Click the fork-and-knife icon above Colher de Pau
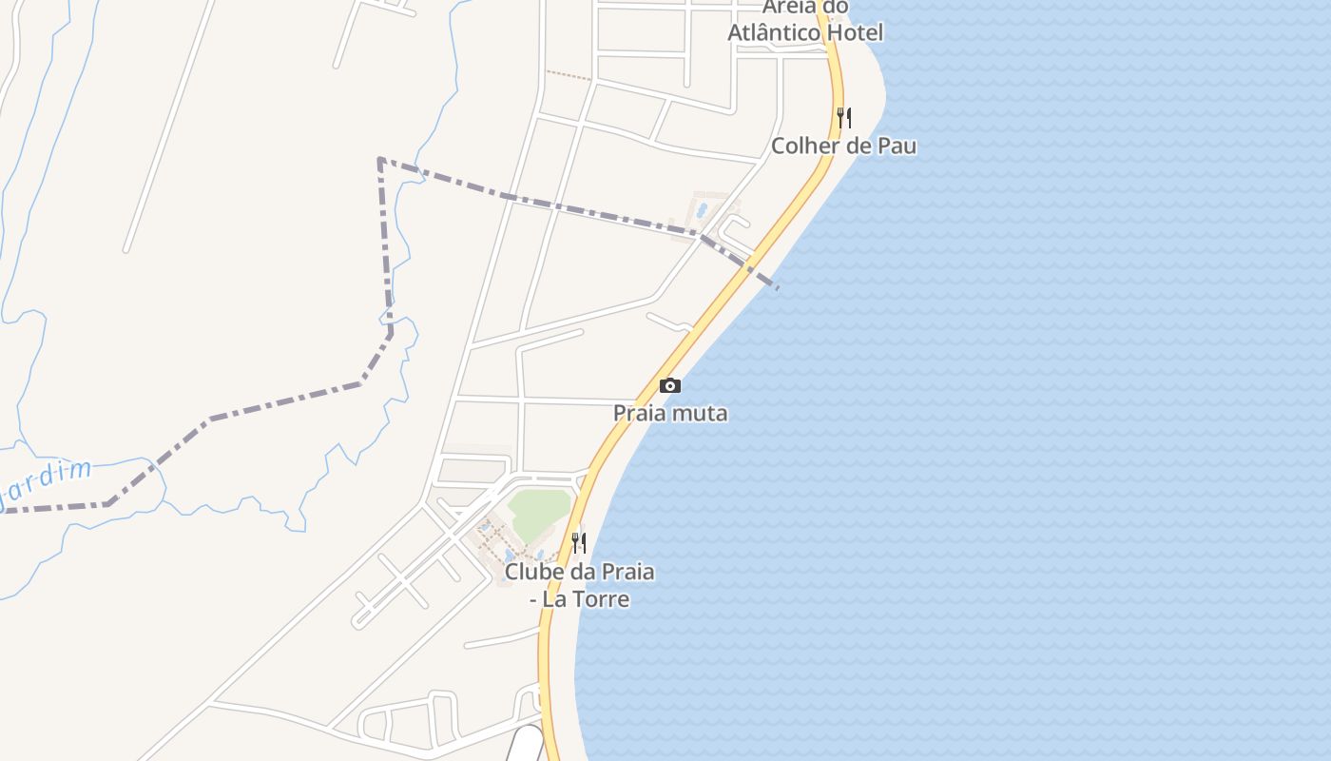click(843, 117)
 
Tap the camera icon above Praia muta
click(670, 385)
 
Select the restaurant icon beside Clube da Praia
click(578, 542)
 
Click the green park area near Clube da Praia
click(538, 512)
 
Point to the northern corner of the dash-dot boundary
click(379, 160)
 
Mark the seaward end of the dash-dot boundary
click(777, 287)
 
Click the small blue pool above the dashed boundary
click(702, 208)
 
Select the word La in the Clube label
click(553, 599)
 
